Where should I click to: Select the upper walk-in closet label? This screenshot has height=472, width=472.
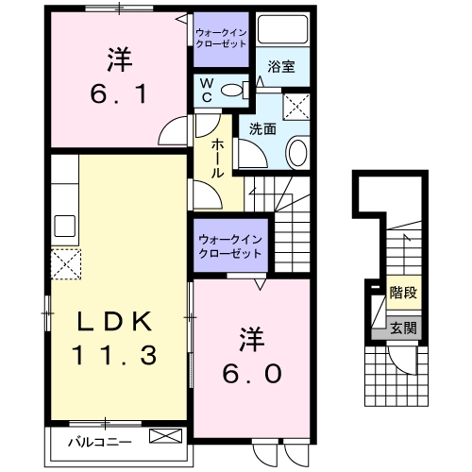tap(222, 39)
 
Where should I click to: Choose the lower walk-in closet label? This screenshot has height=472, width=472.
tap(229, 247)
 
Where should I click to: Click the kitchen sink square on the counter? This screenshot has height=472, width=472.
tap(65, 226)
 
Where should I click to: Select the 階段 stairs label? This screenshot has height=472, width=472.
tap(403, 293)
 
